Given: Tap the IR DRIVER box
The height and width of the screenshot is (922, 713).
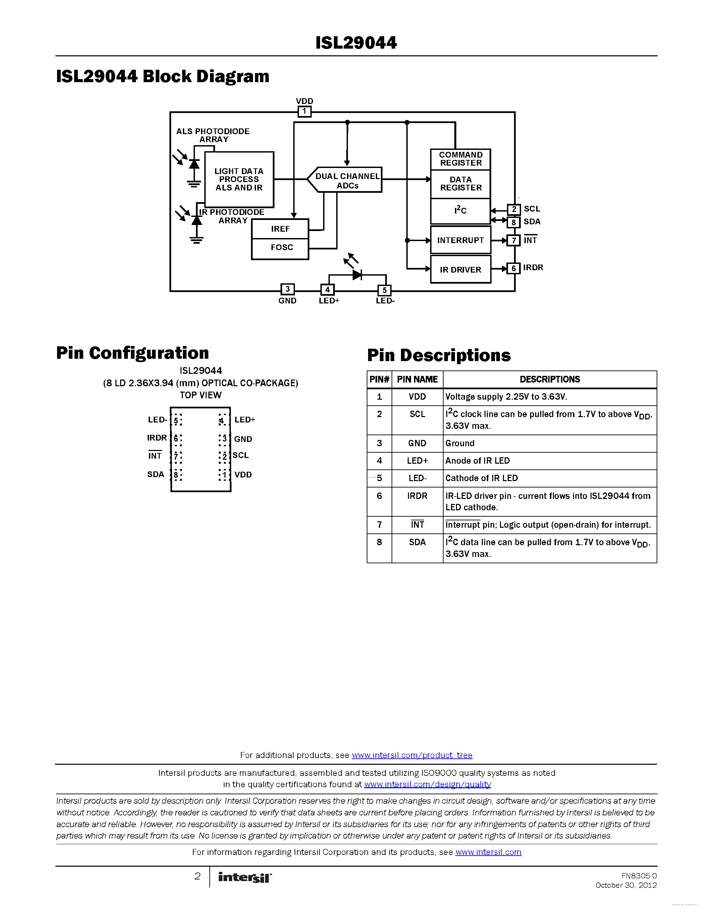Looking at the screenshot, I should [x=460, y=269].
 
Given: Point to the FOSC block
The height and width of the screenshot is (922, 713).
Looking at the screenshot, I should [x=281, y=248].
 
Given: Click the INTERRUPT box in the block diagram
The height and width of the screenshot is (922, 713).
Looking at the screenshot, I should [x=460, y=240].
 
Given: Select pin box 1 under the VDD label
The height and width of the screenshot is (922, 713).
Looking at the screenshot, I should [x=304, y=111].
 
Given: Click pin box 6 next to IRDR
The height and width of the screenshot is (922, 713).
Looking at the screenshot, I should [x=513, y=269].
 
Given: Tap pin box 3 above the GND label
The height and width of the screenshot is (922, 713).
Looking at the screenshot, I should [x=287, y=289].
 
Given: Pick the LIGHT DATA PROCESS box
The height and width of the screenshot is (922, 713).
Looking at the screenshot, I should [x=239, y=179].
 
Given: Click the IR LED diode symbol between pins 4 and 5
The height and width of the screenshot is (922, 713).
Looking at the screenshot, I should [x=357, y=275].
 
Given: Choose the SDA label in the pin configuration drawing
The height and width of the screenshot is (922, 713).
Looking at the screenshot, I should [x=155, y=474].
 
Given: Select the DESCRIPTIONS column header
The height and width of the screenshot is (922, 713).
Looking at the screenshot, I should [x=550, y=380].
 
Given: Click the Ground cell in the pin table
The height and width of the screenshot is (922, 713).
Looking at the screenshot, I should [x=460, y=443].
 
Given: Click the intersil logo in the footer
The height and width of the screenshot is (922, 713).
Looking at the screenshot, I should [x=245, y=878].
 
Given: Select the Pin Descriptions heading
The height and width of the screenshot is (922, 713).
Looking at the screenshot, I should [x=439, y=355].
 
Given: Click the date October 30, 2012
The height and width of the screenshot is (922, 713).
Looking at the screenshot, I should [x=626, y=885].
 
